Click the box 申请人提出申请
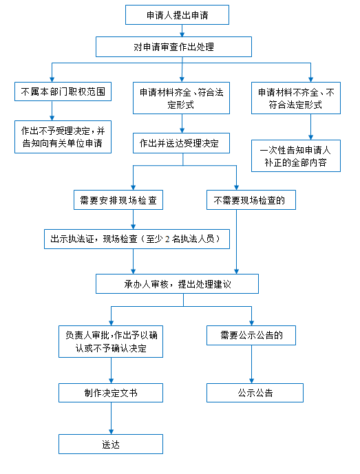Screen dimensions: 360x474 177,15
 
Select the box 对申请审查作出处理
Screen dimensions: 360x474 173,47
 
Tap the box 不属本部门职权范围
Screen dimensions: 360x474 63,91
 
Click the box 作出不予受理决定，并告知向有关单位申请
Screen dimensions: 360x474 63,137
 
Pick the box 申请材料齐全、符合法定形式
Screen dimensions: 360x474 181,98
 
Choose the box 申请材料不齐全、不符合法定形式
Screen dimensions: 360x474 296,98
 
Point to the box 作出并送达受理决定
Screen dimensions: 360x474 181,143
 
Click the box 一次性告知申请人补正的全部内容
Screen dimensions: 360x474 296,156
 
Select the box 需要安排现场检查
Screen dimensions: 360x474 118,200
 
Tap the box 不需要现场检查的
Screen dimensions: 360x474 251,200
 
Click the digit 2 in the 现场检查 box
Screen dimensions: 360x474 167,239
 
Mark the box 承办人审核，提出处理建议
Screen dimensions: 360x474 178,284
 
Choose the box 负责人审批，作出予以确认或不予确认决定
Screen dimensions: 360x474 111,342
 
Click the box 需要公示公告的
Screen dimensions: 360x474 251,335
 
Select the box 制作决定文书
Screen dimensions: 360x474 111,393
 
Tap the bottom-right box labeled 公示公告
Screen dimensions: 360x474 255,393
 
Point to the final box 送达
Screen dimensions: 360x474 111,444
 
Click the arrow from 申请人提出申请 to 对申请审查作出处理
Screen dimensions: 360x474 182,30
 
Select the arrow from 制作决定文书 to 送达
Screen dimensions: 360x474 111,418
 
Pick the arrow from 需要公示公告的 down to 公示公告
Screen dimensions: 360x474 251,364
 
